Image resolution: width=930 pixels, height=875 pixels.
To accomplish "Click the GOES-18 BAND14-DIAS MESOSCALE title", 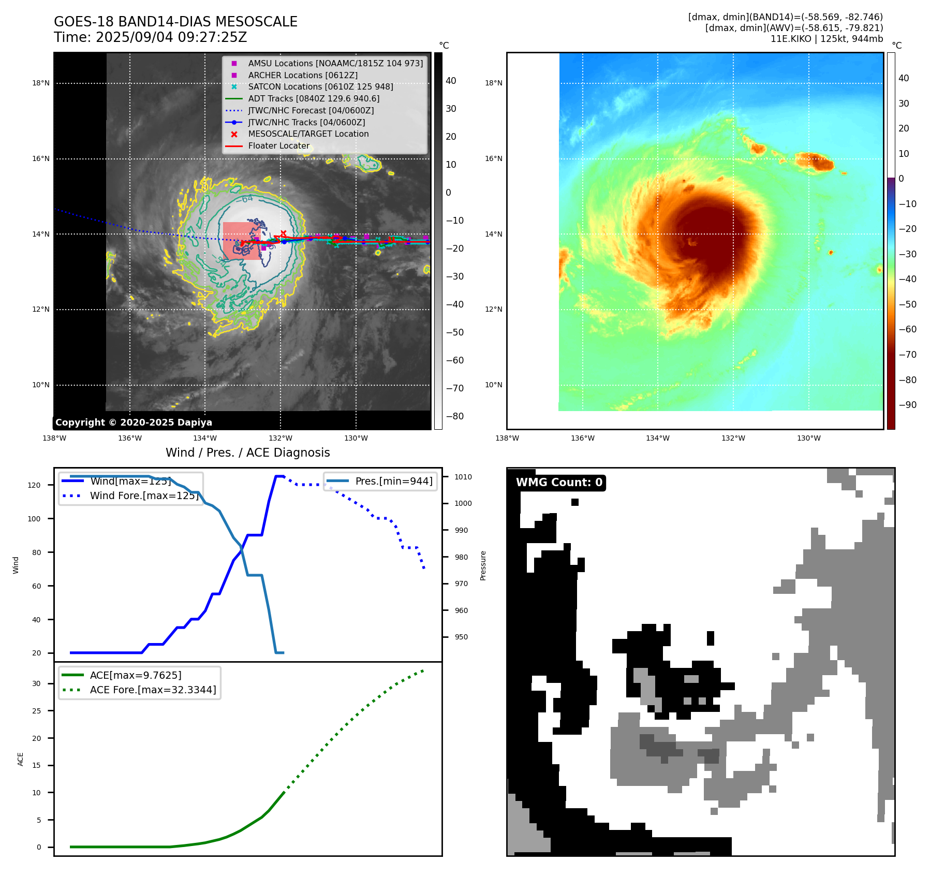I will coord(175,22).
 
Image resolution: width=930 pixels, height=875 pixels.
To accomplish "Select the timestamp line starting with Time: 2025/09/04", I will coord(150,37).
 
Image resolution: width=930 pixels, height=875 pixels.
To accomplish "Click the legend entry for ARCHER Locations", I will coord(302,75).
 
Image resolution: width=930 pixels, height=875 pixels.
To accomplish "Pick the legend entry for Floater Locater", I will coord(278,146).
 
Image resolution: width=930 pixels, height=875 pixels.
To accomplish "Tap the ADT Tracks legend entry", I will coord(313,98).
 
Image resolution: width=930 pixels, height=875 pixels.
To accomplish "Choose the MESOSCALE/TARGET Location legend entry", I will coord(308,134).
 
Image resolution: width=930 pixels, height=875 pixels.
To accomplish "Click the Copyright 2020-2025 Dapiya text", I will coord(134,422).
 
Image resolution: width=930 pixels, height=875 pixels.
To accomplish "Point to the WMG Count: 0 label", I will coord(559,483).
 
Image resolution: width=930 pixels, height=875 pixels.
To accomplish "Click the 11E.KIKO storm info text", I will coord(826,39).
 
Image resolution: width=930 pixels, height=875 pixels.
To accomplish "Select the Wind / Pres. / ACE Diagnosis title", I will coord(247,453).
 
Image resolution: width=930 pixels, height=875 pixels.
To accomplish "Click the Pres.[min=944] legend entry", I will coord(393,481).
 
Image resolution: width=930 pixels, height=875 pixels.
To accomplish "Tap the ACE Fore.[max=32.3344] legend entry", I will coord(153,690).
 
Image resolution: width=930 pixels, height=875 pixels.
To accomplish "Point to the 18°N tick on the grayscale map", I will coord(41,83).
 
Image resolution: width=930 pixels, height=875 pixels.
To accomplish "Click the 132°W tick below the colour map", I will coord(733,438).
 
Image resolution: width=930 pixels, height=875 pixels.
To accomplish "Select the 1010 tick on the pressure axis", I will coord(463,477).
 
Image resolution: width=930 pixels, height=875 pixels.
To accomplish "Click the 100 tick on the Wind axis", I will coord(34,519).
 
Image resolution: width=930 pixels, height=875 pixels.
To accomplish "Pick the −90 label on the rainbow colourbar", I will coord(907,405).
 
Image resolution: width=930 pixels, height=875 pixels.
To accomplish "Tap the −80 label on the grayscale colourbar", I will coord(454,416).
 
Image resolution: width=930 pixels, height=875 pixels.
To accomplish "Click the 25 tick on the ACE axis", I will coord(36,711).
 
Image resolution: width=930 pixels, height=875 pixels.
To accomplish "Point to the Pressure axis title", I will coord(483,565).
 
